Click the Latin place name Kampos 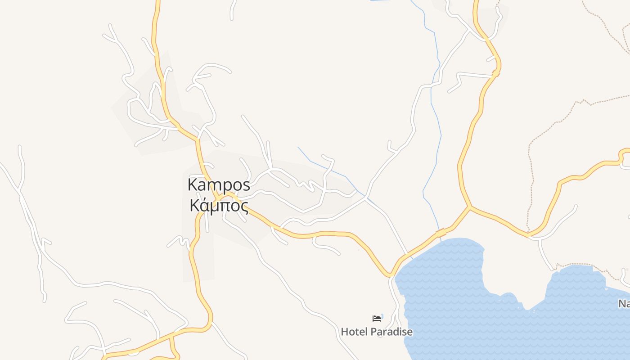(219, 185)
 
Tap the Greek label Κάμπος (219, 205)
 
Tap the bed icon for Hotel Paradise (376, 319)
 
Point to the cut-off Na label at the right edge (624, 304)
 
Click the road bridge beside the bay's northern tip (441, 233)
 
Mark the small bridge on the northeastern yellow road (496, 72)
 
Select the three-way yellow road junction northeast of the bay (470, 207)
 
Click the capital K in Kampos (193, 185)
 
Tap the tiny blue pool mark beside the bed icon (382, 316)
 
